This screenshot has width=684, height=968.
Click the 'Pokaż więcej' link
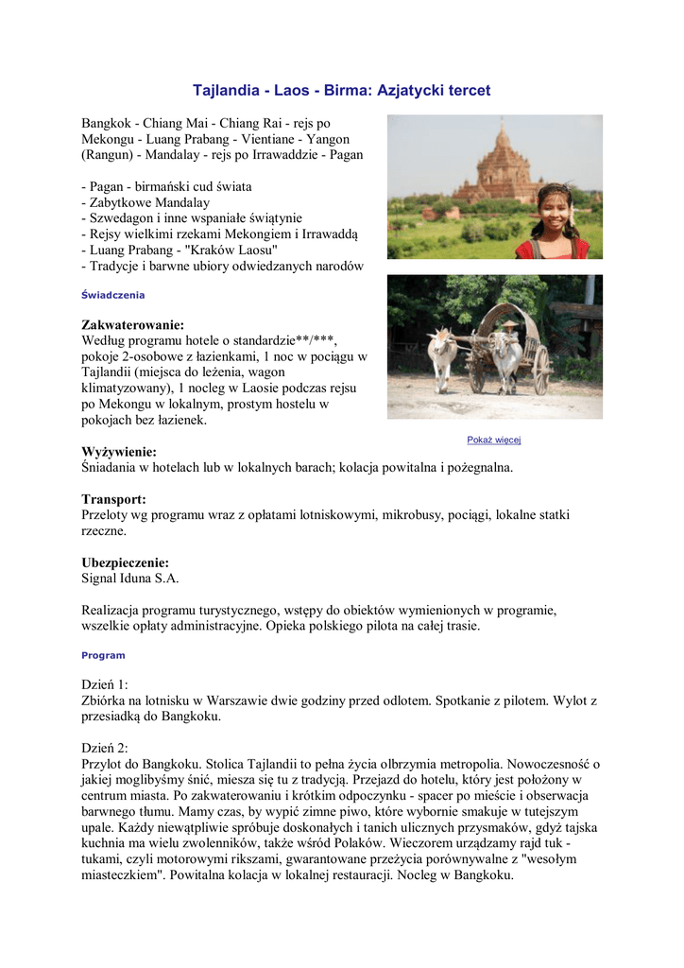coord(494,440)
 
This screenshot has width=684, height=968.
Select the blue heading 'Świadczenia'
coord(113,295)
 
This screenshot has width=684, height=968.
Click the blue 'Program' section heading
coord(103,655)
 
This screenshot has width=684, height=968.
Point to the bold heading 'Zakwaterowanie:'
coord(132,325)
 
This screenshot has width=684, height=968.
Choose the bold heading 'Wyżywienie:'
coord(119,452)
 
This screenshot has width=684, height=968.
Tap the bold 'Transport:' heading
coord(113,499)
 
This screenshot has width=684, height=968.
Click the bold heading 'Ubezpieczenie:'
coord(125,562)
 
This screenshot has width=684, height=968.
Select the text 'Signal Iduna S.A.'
coord(130,579)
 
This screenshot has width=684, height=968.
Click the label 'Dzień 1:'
coord(105,684)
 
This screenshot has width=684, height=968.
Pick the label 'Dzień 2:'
coord(105,747)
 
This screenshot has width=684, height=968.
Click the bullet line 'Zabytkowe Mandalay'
coord(149,202)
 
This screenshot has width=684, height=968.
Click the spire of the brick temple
coord(500,132)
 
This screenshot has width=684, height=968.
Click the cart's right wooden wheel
coord(540,370)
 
